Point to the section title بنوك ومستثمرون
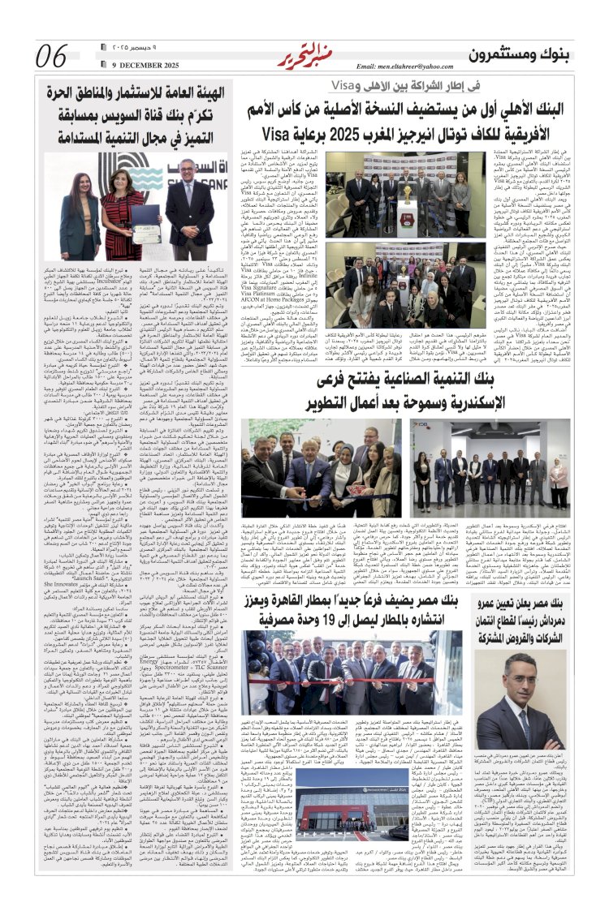[525, 54]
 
